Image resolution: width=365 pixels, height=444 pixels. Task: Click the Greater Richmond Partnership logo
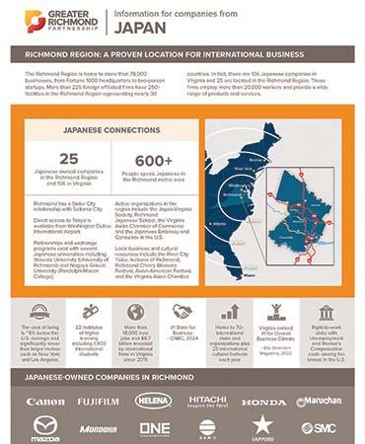[51, 17]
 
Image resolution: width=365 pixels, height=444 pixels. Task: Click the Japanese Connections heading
[104, 129]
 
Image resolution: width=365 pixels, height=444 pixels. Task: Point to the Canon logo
[45, 402]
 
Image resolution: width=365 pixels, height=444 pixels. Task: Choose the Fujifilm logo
[100, 402]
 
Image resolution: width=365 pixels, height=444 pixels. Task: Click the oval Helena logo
[153, 401]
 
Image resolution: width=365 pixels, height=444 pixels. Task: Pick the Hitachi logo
[208, 401]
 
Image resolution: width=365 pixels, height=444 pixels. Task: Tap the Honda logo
[263, 403]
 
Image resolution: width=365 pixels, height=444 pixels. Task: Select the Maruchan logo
[319, 402]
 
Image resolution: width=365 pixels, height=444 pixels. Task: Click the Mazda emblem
[45, 428]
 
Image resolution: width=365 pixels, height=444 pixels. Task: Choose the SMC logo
[319, 428]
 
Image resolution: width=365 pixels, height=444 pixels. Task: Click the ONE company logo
[154, 428]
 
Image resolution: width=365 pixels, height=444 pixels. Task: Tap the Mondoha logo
[100, 429]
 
